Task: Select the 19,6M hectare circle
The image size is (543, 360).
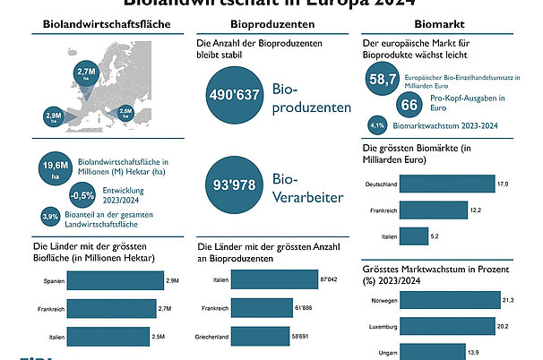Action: (55, 168)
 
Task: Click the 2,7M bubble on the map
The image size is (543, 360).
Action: (87, 73)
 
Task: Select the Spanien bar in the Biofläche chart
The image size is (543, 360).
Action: (114, 282)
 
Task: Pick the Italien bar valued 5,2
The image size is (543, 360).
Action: (414, 236)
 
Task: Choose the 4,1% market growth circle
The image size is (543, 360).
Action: (377, 125)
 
